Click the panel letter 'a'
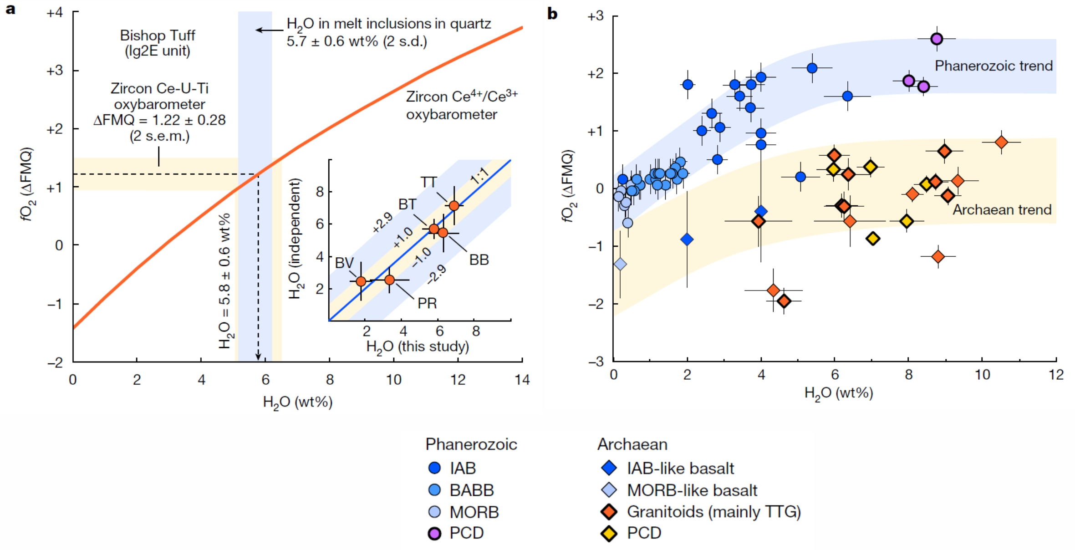click(x=10, y=9)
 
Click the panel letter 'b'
click(x=552, y=14)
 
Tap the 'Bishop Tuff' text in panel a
click(x=157, y=36)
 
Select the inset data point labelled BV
click(x=361, y=281)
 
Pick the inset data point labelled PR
click(x=389, y=280)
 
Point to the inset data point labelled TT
click(x=454, y=205)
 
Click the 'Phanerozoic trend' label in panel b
click(x=993, y=66)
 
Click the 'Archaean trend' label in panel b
click(x=1002, y=210)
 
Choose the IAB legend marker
click(x=435, y=468)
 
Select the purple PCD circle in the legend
click(x=435, y=533)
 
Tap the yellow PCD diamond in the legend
click(x=609, y=533)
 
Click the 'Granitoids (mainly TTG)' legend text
click(x=713, y=512)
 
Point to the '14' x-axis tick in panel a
click(x=522, y=380)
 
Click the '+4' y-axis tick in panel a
click(x=55, y=13)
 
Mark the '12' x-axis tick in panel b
click(x=1056, y=375)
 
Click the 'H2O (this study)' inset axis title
click(x=418, y=347)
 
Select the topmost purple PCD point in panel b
click(x=937, y=39)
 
